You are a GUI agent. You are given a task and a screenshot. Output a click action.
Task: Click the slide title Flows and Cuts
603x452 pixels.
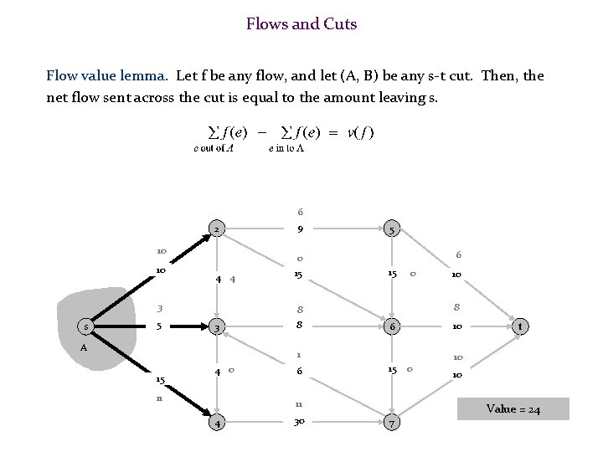(x=301, y=24)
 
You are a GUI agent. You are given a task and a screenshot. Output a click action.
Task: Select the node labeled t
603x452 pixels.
(x=521, y=326)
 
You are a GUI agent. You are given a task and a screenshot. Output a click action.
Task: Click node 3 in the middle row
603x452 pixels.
(x=216, y=326)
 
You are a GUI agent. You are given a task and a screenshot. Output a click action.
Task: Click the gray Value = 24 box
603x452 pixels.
(x=513, y=409)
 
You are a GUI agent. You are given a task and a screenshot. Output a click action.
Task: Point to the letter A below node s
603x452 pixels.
(x=84, y=347)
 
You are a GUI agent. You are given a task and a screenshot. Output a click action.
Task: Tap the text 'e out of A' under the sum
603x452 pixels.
(x=213, y=149)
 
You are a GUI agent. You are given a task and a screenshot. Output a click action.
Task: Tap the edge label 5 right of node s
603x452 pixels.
(x=160, y=326)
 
